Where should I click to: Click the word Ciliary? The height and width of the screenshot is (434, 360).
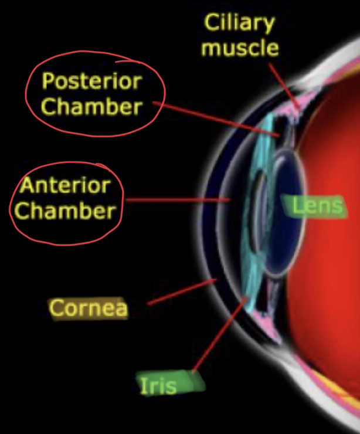(x=239, y=24)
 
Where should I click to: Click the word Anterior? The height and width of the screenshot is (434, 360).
(x=65, y=186)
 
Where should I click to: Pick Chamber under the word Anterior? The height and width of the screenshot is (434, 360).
(x=65, y=211)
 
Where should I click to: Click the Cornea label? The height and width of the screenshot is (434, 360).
(x=88, y=308)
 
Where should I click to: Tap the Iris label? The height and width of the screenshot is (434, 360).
(x=158, y=385)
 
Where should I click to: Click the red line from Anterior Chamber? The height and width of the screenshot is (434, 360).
(x=176, y=199)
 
